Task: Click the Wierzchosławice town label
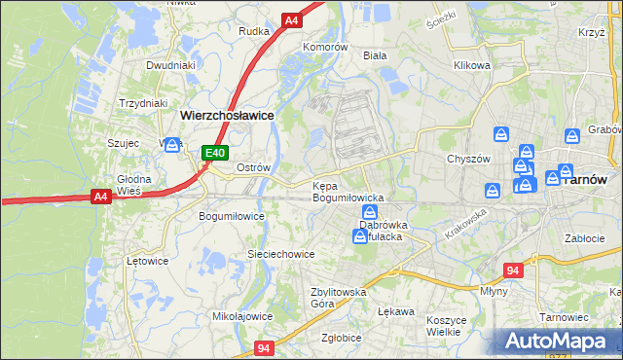point(226,115)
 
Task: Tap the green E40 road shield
point(215,153)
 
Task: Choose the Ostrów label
point(253,167)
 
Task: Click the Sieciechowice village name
point(280,254)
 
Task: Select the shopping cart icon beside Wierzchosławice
point(173,144)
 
